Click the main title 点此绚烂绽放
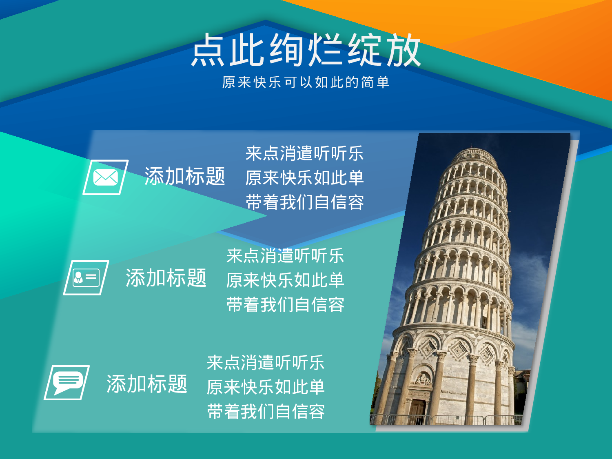click(x=306, y=50)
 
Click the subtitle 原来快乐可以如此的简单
click(x=306, y=82)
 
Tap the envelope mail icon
click(x=106, y=177)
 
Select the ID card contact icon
click(x=86, y=278)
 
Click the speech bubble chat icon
click(x=67, y=383)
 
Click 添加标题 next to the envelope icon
click(x=185, y=177)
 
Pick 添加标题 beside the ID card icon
click(x=166, y=278)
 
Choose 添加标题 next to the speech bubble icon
click(x=147, y=384)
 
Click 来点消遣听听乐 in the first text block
click(x=304, y=154)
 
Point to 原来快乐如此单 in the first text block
click(x=304, y=178)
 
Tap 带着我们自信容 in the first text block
click(x=304, y=202)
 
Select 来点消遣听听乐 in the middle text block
click(x=285, y=256)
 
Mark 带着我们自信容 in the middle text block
click(x=285, y=305)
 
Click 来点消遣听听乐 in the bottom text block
click(x=266, y=363)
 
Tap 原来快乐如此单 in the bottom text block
click(x=266, y=387)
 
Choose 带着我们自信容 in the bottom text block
click(x=266, y=412)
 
